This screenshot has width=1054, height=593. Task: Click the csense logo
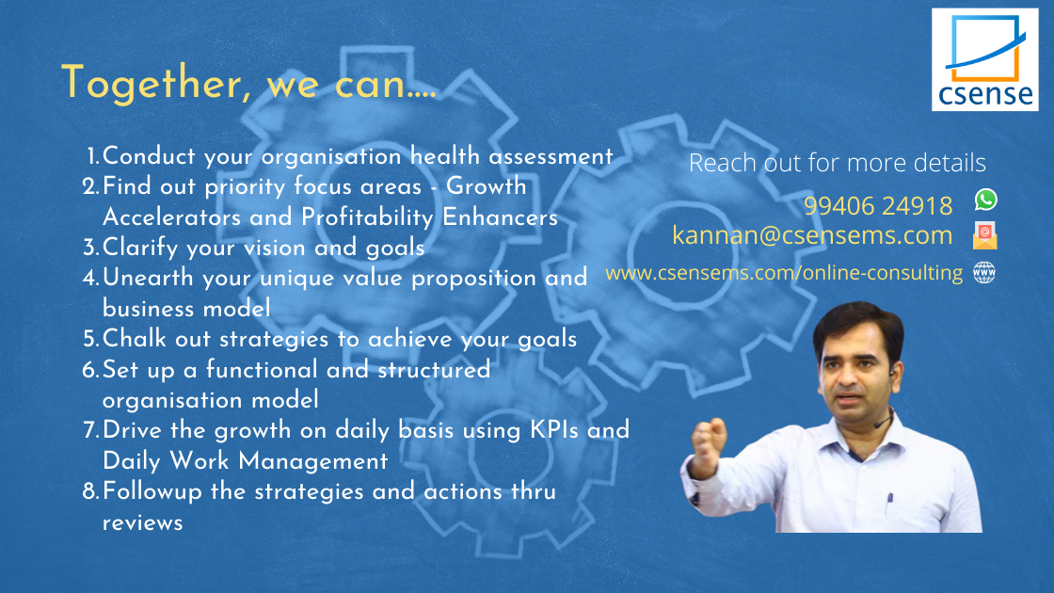(x=984, y=60)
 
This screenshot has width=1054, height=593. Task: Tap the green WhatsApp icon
(x=985, y=200)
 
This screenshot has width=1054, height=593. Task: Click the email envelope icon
(x=984, y=235)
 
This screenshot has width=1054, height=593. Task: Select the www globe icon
(x=984, y=272)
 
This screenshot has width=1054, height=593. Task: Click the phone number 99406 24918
(x=878, y=206)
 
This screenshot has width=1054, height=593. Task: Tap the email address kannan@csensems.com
(x=812, y=235)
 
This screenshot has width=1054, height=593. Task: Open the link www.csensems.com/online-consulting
(x=784, y=272)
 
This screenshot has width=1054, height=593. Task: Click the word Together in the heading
(x=152, y=84)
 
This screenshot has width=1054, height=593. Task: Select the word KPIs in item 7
(x=554, y=429)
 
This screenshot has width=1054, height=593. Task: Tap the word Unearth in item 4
(x=148, y=277)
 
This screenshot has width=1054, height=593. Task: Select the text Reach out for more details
(x=838, y=163)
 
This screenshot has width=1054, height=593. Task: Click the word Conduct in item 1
(x=149, y=156)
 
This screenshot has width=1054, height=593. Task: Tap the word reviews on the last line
(x=142, y=523)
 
